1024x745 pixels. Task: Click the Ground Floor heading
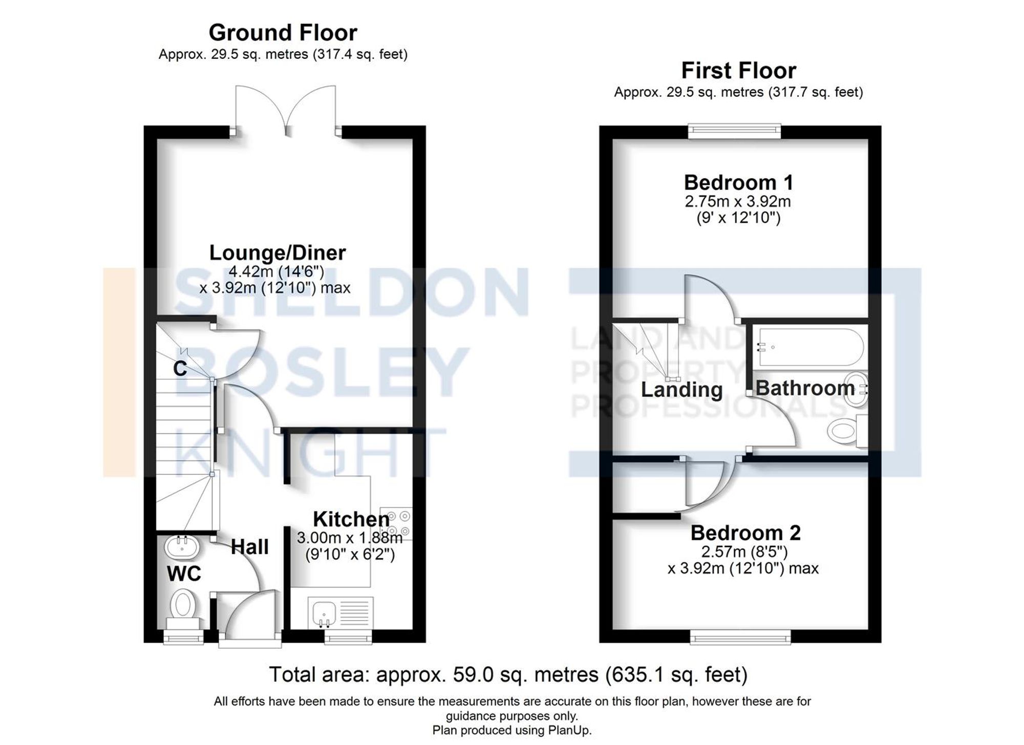pos(283,33)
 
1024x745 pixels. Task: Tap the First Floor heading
pos(738,71)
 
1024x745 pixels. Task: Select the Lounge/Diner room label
pos(278,253)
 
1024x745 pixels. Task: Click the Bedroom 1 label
pos(738,183)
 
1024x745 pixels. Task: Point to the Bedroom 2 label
pos(745,533)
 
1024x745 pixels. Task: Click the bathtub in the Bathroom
pos(811,347)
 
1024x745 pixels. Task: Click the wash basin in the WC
pos(181,547)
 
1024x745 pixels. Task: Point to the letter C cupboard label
pos(180,369)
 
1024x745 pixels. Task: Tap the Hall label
pos(249,547)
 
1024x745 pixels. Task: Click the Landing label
pos(681,390)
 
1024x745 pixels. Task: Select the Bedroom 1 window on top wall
pos(734,131)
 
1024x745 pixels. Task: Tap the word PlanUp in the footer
pos(570,730)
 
